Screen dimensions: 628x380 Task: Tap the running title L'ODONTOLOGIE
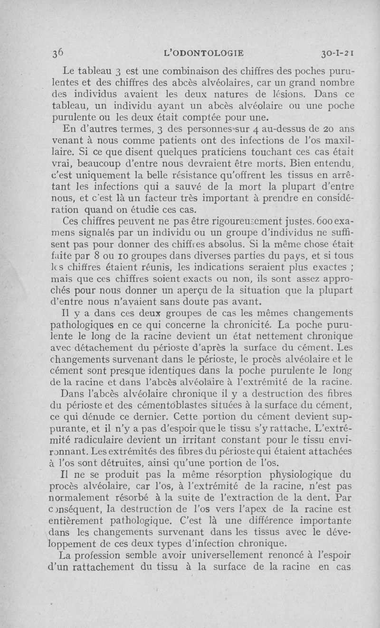203,53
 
